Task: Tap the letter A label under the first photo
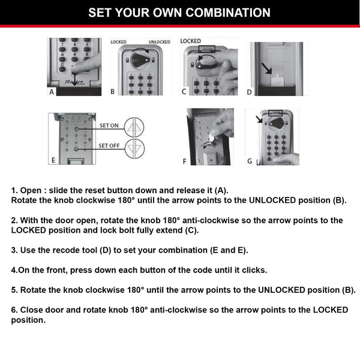[x=52, y=92]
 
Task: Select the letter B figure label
[x=113, y=92]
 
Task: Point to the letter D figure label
[x=250, y=92]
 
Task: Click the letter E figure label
[x=53, y=161]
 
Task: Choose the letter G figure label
[x=250, y=161]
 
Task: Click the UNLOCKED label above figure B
[x=160, y=42]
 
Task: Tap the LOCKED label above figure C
[x=190, y=41]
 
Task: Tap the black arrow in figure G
[x=260, y=120]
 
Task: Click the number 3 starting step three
[x=14, y=250]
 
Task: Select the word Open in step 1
[x=31, y=190]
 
